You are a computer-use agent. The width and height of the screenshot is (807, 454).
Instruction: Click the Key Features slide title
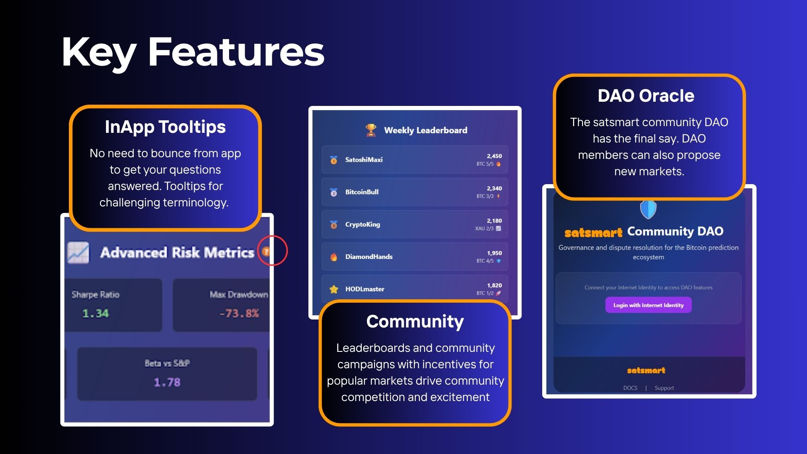[193, 52]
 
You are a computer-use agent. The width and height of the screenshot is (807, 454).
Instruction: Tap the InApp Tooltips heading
[165, 127]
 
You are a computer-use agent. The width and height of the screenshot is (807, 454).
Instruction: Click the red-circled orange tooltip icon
[266, 251]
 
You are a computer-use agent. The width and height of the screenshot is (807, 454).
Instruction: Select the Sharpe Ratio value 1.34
[95, 313]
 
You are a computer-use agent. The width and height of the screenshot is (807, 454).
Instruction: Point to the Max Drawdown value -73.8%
[239, 313]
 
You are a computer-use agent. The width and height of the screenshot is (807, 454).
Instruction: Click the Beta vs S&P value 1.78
[167, 382]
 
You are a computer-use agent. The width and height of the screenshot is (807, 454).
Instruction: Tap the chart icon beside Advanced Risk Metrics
[78, 253]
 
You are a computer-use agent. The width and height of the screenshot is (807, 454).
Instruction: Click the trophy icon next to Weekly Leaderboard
[371, 130]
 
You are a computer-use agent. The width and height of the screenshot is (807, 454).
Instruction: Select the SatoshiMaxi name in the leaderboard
[364, 160]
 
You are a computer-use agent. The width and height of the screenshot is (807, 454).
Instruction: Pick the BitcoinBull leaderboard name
[361, 192]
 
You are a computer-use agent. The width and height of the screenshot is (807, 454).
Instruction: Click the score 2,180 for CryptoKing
[494, 221]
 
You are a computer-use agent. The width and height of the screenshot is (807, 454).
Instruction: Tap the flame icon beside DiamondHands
[334, 257]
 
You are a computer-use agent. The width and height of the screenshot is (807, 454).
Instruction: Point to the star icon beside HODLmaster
[334, 289]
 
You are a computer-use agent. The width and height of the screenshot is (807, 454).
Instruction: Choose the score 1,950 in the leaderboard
[494, 253]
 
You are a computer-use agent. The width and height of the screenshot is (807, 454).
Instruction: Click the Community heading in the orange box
[415, 322]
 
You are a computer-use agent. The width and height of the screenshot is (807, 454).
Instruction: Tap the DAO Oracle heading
[646, 96]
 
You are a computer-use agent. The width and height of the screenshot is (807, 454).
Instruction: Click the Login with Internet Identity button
[648, 305]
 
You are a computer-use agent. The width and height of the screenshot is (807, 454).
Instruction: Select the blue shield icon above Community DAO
[648, 209]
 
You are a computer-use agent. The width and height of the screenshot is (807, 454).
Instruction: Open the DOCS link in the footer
[630, 388]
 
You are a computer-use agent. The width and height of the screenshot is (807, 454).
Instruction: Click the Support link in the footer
[664, 388]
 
